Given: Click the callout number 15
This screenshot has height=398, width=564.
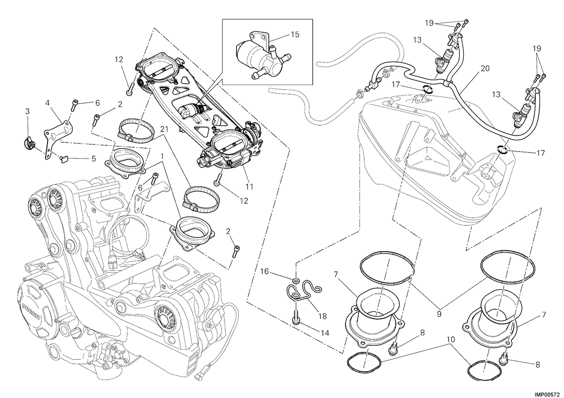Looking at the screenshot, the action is [295, 34].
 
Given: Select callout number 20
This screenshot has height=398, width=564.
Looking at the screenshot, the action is [485, 68].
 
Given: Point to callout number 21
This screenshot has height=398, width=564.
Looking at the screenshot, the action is [164, 129].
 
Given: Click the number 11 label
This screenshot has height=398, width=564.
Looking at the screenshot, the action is [249, 187].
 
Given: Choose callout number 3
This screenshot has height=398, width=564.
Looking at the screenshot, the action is [27, 111].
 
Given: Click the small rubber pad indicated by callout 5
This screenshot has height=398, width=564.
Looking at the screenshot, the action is [65, 159].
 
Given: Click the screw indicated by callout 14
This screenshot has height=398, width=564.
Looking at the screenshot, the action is [296, 318].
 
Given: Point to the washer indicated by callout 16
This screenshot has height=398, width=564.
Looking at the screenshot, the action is [297, 280].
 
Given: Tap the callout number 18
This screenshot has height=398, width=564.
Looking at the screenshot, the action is [322, 316].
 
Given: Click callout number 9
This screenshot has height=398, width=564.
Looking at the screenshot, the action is [439, 314].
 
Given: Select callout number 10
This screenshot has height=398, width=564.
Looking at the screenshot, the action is [451, 340].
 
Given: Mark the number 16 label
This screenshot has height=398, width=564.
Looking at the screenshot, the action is [265, 271].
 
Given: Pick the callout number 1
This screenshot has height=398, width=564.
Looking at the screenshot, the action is [162, 156].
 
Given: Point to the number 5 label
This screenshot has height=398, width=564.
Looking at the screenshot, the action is [94, 159].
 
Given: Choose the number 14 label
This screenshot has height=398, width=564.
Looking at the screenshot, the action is [325, 333].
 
